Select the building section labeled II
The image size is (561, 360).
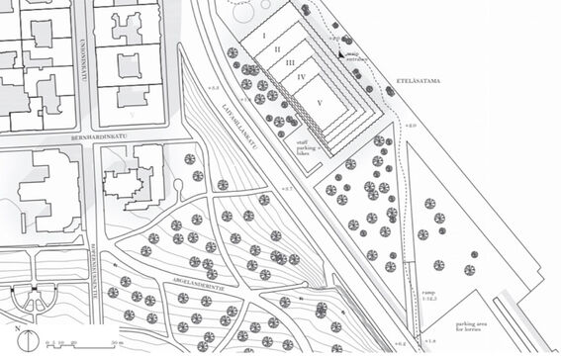click(278, 48)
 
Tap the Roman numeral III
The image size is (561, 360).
click(291, 62)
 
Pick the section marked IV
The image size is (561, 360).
click(302, 76)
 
